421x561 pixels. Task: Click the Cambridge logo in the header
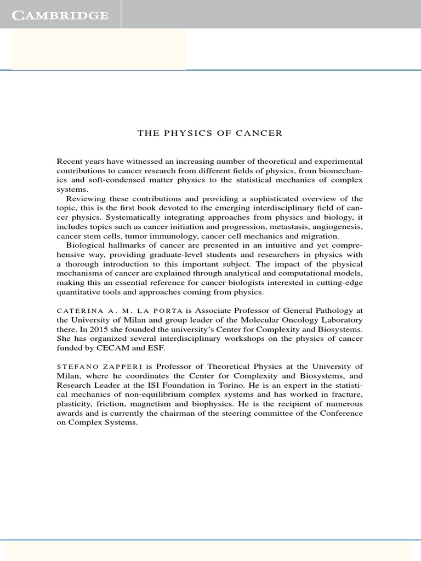pos(60,15)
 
